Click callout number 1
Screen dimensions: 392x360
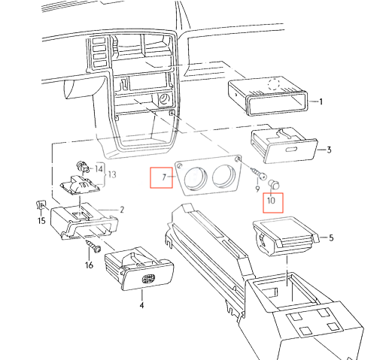321,101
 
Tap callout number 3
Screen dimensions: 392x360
329,150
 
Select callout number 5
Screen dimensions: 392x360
331,237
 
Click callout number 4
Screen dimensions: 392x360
141,305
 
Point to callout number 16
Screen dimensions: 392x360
90,265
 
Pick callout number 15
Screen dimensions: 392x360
41,221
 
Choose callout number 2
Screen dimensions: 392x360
122,210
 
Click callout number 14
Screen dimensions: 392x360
99,169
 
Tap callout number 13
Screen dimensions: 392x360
112,174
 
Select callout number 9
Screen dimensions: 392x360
257,189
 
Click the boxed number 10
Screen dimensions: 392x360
271,201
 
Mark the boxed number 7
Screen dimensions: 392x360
164,177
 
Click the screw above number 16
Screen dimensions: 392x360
93,247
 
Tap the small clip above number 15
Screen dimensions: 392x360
41,205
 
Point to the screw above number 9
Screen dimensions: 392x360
258,174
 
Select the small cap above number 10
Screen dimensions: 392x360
273,184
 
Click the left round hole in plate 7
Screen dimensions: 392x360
196,178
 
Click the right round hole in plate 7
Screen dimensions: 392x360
223,175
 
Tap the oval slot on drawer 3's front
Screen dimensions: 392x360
291,150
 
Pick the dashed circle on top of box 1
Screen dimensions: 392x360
274,84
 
